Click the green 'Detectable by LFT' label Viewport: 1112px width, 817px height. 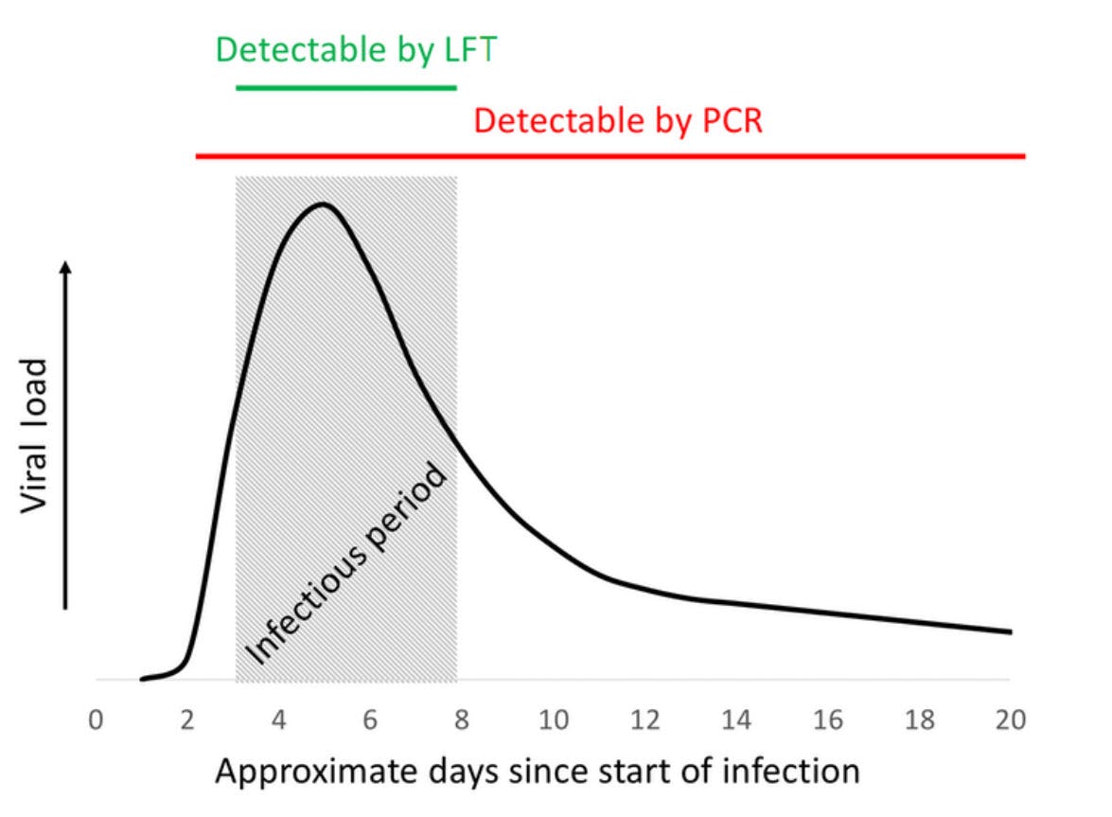[x=356, y=49]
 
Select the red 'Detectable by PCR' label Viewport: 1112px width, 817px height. [x=617, y=120]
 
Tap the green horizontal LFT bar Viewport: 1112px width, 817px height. [x=345, y=87]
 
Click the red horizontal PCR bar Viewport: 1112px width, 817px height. [x=610, y=154]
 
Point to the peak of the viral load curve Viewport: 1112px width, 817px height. [x=324, y=204]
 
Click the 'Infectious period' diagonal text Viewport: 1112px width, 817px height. [x=345, y=562]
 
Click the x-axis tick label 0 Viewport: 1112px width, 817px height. [x=96, y=720]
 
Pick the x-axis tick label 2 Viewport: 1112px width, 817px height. [x=187, y=720]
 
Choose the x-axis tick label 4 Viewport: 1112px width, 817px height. [x=278, y=720]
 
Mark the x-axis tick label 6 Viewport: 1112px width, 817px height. [x=370, y=720]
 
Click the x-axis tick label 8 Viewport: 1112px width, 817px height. [x=462, y=720]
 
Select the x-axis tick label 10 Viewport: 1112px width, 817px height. [x=553, y=720]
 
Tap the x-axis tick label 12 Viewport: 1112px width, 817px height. [x=644, y=720]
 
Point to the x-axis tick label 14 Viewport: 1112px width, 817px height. [x=736, y=720]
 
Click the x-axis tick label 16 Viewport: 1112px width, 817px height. [x=828, y=720]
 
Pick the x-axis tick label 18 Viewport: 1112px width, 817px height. [x=919, y=720]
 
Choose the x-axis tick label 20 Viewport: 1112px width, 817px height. [x=1011, y=720]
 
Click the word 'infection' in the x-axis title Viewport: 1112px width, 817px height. [x=797, y=771]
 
